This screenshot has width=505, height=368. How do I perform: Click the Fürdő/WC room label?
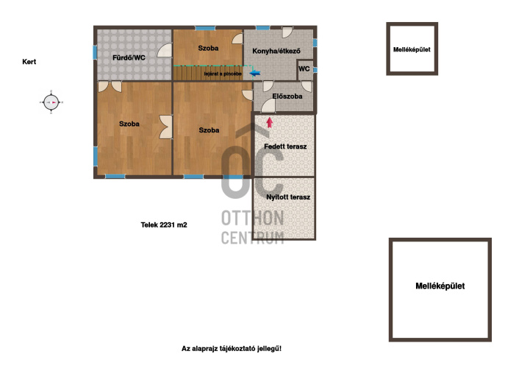coord(129,57)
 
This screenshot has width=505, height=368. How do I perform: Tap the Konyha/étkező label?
coord(276,51)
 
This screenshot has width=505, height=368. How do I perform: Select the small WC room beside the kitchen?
coord(304,69)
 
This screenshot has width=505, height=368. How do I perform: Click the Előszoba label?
coord(287,96)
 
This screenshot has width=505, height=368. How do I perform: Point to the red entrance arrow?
coord(270,122)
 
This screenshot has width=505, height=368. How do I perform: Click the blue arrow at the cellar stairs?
coord(255,73)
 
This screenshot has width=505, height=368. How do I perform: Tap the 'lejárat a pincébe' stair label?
coord(223,74)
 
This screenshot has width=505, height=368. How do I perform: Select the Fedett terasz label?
coord(285,146)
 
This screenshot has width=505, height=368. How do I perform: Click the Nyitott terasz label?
coord(288,197)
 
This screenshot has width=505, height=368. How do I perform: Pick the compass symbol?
coord(51,102)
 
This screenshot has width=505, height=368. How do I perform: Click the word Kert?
coord(29,62)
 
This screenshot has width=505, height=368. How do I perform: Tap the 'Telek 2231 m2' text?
coord(164,224)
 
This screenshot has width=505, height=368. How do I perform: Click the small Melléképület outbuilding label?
coord(412,49)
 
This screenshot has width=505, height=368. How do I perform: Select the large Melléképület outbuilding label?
coord(440,286)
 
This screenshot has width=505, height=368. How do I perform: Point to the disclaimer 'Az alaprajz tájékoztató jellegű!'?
coord(232,348)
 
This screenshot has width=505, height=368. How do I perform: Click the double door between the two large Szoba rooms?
coord(166,127)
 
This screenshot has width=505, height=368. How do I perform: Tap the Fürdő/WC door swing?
coord(165,50)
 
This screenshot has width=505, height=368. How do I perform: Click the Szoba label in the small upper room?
coord(208,48)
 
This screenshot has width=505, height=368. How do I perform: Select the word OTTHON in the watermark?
coord(252,218)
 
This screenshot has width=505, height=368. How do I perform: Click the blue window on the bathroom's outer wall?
coord(95,52)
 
